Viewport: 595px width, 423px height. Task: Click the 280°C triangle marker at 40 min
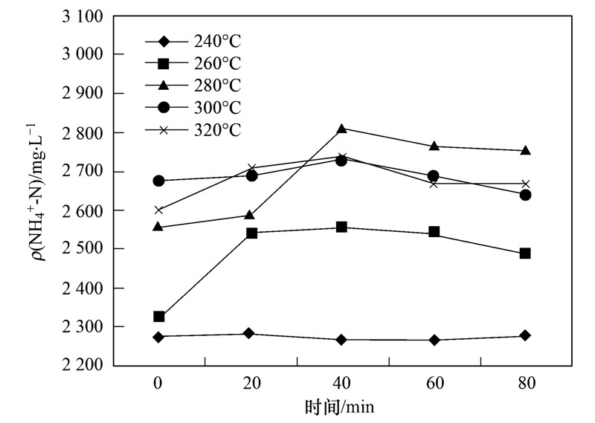(341, 129)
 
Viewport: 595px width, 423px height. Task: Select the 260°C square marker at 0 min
(158, 317)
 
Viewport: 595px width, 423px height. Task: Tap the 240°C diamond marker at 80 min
(525, 336)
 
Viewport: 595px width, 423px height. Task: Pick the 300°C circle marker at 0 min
(158, 181)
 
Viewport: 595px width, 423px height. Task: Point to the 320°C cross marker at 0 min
(158, 210)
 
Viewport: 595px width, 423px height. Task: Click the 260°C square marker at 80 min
(525, 254)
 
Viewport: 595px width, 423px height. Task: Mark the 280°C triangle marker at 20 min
(251, 215)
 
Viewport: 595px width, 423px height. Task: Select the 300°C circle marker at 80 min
(525, 195)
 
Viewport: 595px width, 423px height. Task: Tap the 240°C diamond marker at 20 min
(251, 334)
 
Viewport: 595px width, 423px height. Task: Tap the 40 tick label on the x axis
(341, 384)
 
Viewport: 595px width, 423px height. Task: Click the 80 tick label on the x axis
(525, 384)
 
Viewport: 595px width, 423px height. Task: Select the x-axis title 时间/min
(341, 408)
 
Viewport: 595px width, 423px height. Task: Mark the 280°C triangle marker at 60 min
(433, 146)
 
